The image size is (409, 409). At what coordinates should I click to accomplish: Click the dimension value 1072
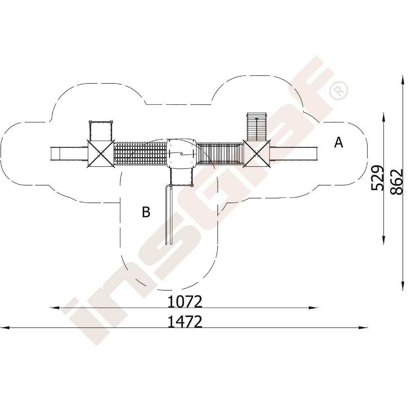pos(185,302)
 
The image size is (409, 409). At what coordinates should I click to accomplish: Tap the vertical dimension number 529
pos(378,178)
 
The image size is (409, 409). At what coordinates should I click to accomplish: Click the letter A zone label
pos(339,142)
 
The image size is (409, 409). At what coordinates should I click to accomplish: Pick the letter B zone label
pos(146,212)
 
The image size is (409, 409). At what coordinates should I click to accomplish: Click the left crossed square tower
pos(101,154)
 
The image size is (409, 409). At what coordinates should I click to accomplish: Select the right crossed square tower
pos(257,153)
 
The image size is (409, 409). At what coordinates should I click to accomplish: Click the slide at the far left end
pos(68,154)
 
